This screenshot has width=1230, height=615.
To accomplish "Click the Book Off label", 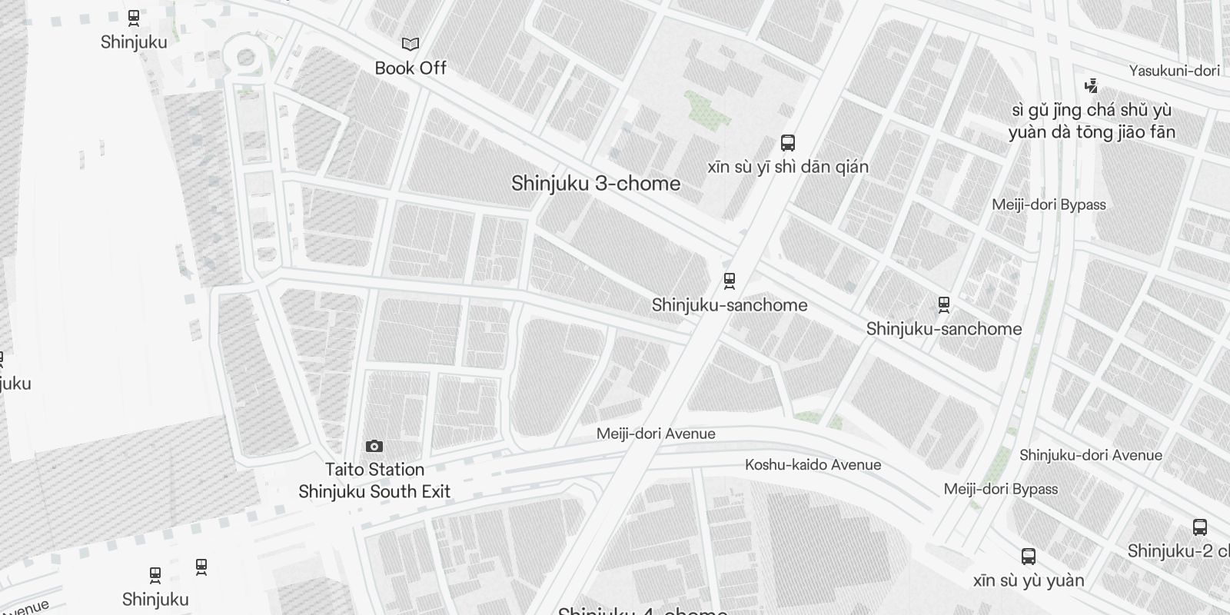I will pyautogui.click(x=411, y=68).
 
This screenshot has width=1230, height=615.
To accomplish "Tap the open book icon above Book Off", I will pyautogui.click(x=411, y=45).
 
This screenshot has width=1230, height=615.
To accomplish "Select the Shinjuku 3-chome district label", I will pyautogui.click(x=596, y=183).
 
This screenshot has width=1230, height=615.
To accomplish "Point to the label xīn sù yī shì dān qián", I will pyautogui.click(x=788, y=167).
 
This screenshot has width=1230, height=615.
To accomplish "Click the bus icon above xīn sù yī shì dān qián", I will pyautogui.click(x=788, y=142).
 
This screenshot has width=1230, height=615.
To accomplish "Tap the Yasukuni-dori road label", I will pyautogui.click(x=1174, y=71).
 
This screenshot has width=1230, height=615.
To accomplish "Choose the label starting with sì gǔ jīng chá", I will pyautogui.click(x=1092, y=121).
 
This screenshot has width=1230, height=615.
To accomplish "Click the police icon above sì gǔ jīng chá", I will pyautogui.click(x=1091, y=85).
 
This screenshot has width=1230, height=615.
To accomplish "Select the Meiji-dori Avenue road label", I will pyautogui.click(x=656, y=434).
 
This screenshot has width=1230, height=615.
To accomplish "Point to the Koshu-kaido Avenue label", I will pyautogui.click(x=813, y=464).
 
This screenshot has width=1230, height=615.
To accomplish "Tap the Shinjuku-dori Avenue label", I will pyautogui.click(x=1090, y=455).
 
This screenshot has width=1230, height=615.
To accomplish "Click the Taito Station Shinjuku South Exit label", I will pyautogui.click(x=374, y=480).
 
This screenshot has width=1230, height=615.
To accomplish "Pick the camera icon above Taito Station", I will pyautogui.click(x=374, y=446).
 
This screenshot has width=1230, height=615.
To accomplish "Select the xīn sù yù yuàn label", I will pyautogui.click(x=1029, y=580).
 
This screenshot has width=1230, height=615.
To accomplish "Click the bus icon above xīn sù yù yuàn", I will pyautogui.click(x=1029, y=556).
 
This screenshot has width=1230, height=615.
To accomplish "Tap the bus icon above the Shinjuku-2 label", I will pyautogui.click(x=1200, y=527).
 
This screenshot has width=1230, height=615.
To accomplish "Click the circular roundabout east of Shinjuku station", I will pyautogui.click(x=246, y=57).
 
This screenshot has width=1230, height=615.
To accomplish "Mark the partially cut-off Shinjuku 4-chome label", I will pyautogui.click(x=642, y=610).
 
